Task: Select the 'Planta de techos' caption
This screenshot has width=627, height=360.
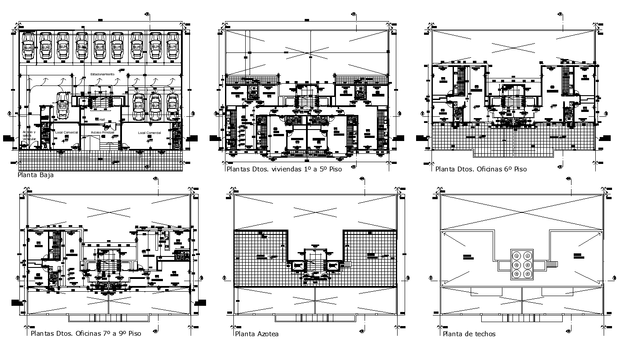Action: tap(469, 334)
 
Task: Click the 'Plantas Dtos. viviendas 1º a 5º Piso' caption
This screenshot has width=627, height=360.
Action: tap(284, 169)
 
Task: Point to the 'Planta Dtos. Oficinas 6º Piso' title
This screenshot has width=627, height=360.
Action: tap(481, 169)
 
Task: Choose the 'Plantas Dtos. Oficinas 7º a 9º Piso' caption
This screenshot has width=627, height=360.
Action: tap(86, 334)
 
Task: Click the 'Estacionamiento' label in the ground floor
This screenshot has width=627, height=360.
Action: tap(103, 74)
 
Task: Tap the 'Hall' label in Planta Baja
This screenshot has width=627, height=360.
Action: tap(101, 119)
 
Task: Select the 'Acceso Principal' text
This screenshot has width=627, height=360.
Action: tap(103, 132)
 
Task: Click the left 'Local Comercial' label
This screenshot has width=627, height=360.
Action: tap(66, 133)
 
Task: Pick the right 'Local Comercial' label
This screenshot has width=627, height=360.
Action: tap(149, 133)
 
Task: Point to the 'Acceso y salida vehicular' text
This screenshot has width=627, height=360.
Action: tap(29, 135)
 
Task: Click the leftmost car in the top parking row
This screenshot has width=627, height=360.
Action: tap(28, 46)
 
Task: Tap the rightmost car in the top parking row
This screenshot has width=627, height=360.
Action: tap(172, 46)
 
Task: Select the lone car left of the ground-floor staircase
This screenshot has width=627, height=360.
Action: tap(62, 106)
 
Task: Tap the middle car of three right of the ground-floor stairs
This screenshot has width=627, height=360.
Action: tap(155, 106)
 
